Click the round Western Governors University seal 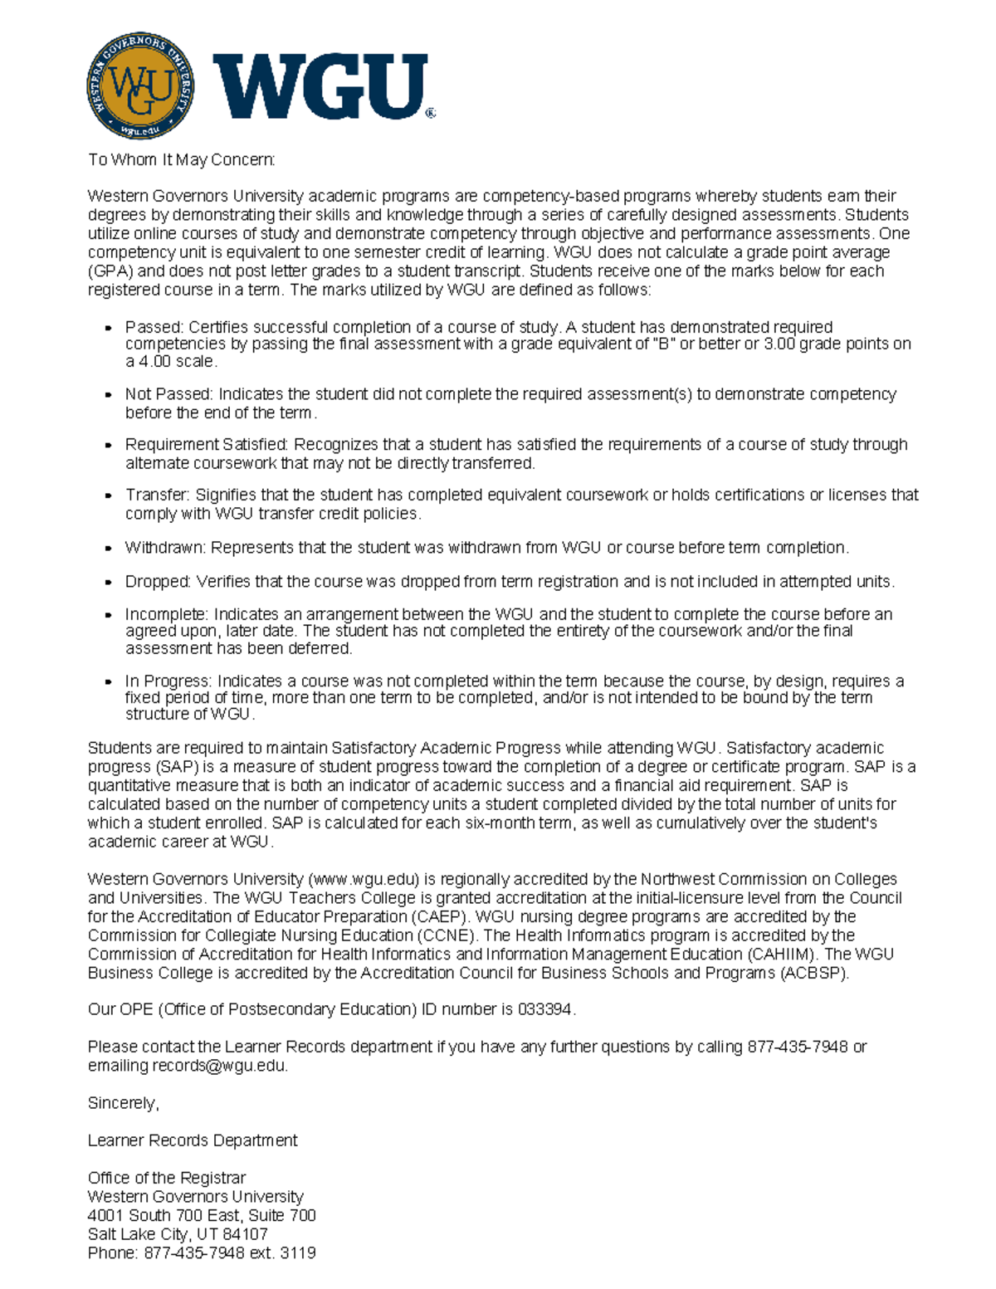click(x=140, y=85)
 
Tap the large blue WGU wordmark click(x=321, y=86)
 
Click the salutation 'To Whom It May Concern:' click(x=181, y=159)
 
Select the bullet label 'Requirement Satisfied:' click(x=207, y=445)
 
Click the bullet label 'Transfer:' click(x=157, y=496)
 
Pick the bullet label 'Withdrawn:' click(x=165, y=548)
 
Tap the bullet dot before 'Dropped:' click(x=108, y=583)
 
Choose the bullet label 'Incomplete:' click(x=167, y=615)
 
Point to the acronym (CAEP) click(x=439, y=917)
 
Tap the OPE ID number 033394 click(x=545, y=1010)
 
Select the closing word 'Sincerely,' click(x=123, y=1104)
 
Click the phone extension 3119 click(x=298, y=1253)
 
